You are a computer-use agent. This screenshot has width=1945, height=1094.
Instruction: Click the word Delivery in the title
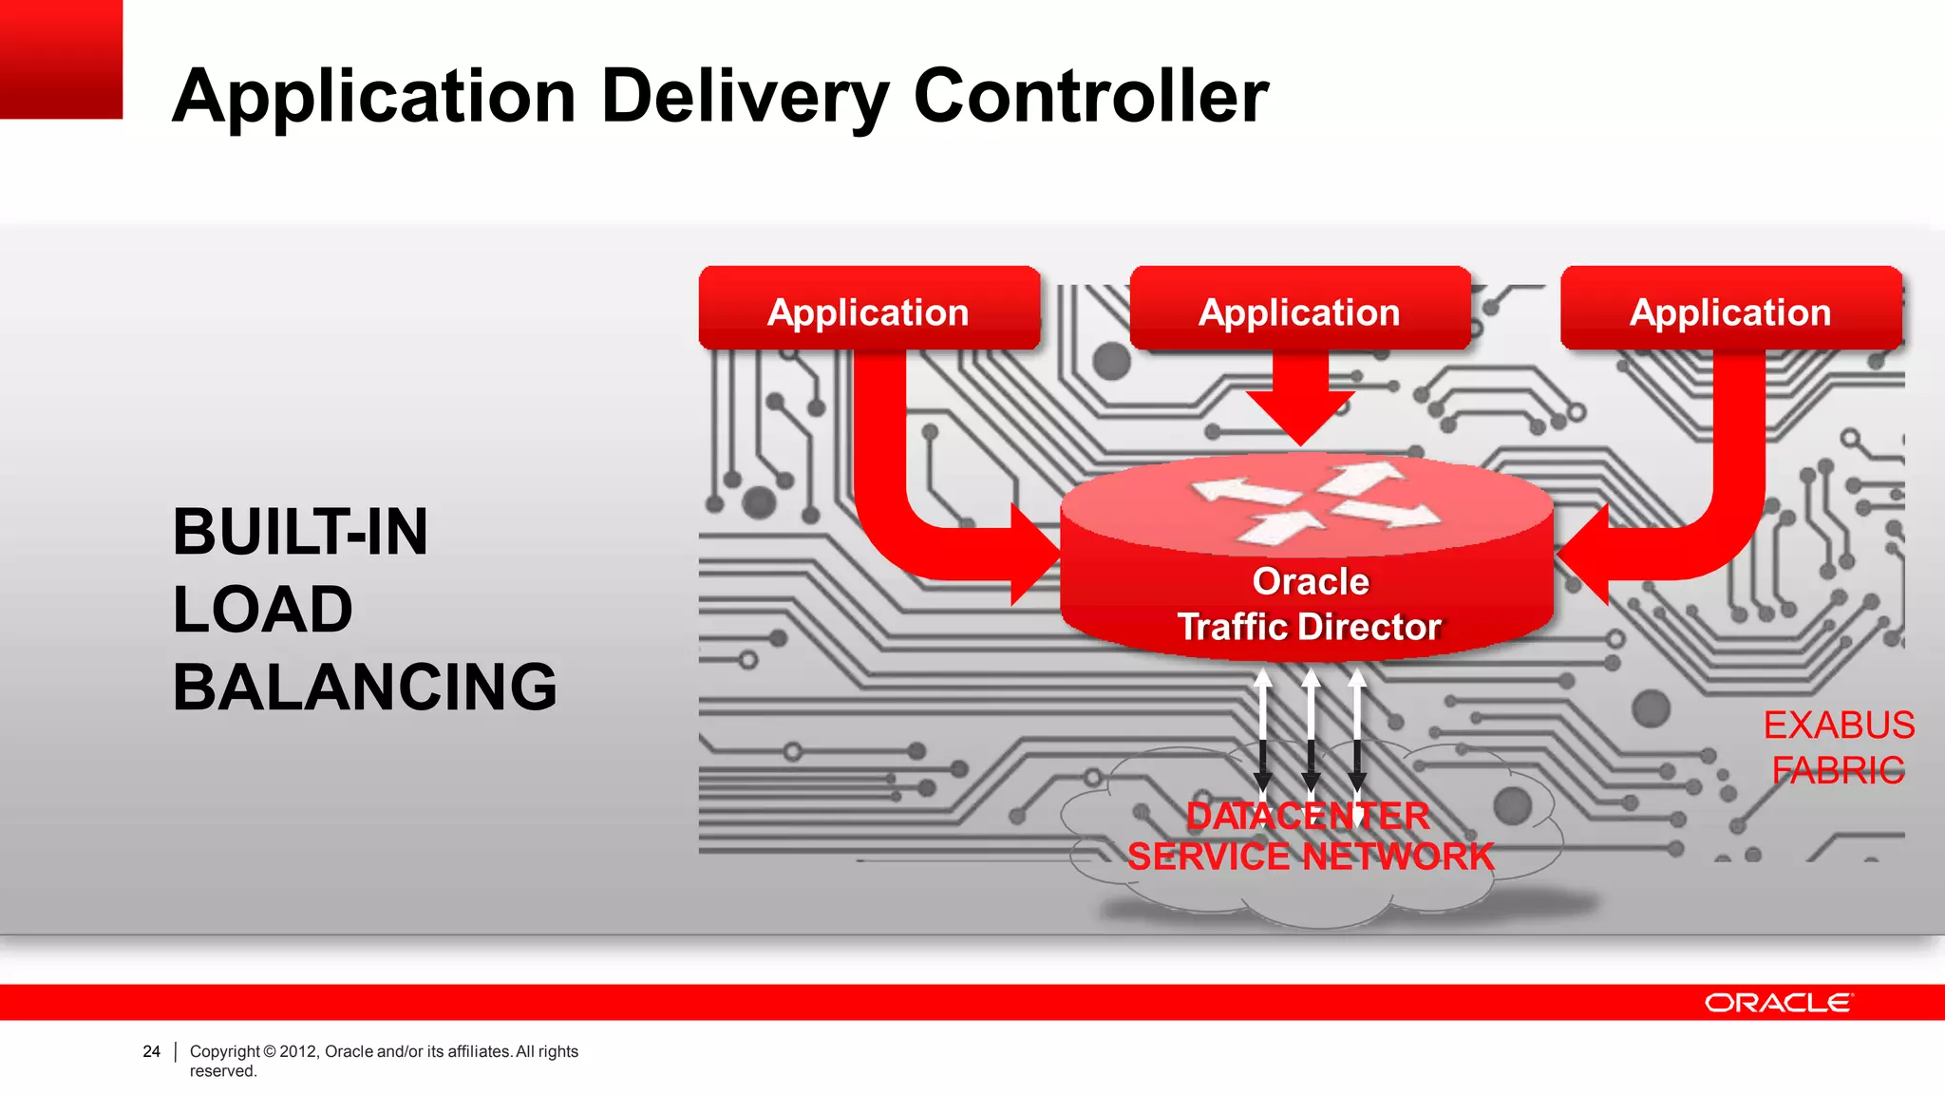point(746,97)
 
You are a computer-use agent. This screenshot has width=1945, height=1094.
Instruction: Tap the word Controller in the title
point(1090,97)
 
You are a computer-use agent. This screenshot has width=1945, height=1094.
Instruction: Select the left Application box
point(869,310)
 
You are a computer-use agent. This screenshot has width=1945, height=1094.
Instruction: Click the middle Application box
point(1299,310)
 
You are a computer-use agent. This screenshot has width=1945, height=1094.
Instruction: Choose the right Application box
point(1730,310)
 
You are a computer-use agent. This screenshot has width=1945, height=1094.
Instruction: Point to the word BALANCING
point(365,687)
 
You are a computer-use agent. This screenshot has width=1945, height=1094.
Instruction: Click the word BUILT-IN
point(300,532)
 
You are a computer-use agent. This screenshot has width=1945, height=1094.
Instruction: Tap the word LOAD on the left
point(263,610)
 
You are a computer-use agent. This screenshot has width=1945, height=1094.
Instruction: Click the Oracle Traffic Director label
point(1310,604)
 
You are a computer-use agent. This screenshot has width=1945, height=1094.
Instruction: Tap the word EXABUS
point(1839,725)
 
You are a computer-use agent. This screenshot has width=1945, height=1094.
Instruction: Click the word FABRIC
point(1839,770)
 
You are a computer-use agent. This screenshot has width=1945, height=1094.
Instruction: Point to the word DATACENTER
point(1308,816)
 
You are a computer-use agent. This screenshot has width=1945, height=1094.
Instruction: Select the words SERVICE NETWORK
point(1311,857)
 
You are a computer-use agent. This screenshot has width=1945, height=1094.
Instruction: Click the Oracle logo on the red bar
point(1778,1003)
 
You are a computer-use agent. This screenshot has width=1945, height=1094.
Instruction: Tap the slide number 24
point(151,1051)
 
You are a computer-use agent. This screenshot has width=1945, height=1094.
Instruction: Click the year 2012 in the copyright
point(298,1051)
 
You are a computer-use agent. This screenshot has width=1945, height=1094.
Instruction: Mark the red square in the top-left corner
point(61,59)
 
